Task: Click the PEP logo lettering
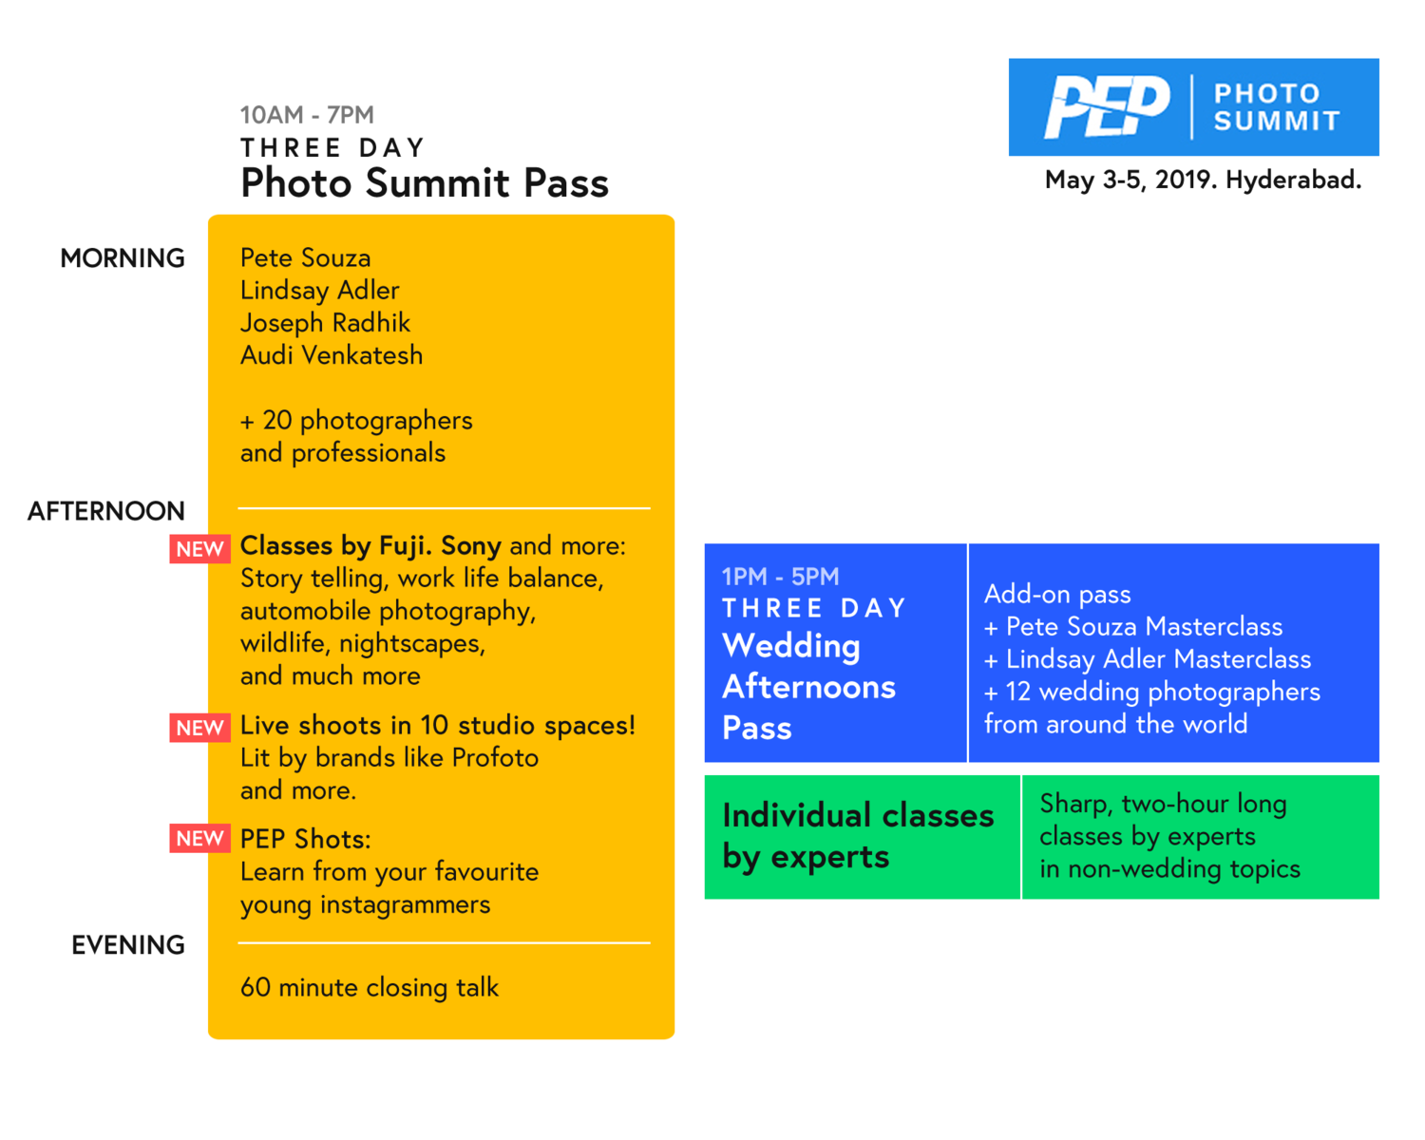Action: click(x=1107, y=106)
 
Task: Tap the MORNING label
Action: click(x=123, y=258)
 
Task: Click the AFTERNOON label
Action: click(x=106, y=511)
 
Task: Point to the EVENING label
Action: click(x=128, y=945)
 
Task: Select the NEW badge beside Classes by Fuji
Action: click(x=200, y=549)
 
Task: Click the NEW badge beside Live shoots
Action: click(x=200, y=728)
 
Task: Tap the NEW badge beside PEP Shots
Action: click(x=200, y=839)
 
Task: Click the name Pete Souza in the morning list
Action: click(x=305, y=257)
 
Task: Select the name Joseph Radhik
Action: click(x=325, y=323)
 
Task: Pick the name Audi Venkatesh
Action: click(x=332, y=355)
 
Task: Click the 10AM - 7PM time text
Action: click(x=307, y=115)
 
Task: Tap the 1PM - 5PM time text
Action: click(x=781, y=577)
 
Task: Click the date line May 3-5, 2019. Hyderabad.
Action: click(x=1203, y=180)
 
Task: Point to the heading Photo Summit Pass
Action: click(x=425, y=183)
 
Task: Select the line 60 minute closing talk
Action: click(x=370, y=988)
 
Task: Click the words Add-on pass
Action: click(x=1057, y=595)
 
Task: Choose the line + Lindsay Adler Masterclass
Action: click(x=1148, y=659)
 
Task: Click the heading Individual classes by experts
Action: click(x=858, y=837)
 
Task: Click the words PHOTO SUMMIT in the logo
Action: click(x=1277, y=107)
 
